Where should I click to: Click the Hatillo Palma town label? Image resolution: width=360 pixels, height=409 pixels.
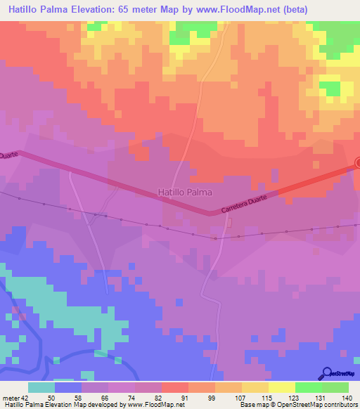[x=186, y=190]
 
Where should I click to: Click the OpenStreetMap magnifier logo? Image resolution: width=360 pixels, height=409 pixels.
[x=328, y=373]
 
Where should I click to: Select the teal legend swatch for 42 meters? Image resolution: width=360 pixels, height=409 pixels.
[x=41, y=387]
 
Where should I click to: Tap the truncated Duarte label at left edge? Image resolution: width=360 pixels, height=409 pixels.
[x=8, y=154]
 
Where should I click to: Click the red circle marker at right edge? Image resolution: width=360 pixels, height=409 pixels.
[x=357, y=164]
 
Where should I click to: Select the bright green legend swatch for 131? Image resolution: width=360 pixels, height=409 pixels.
[x=309, y=387]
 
